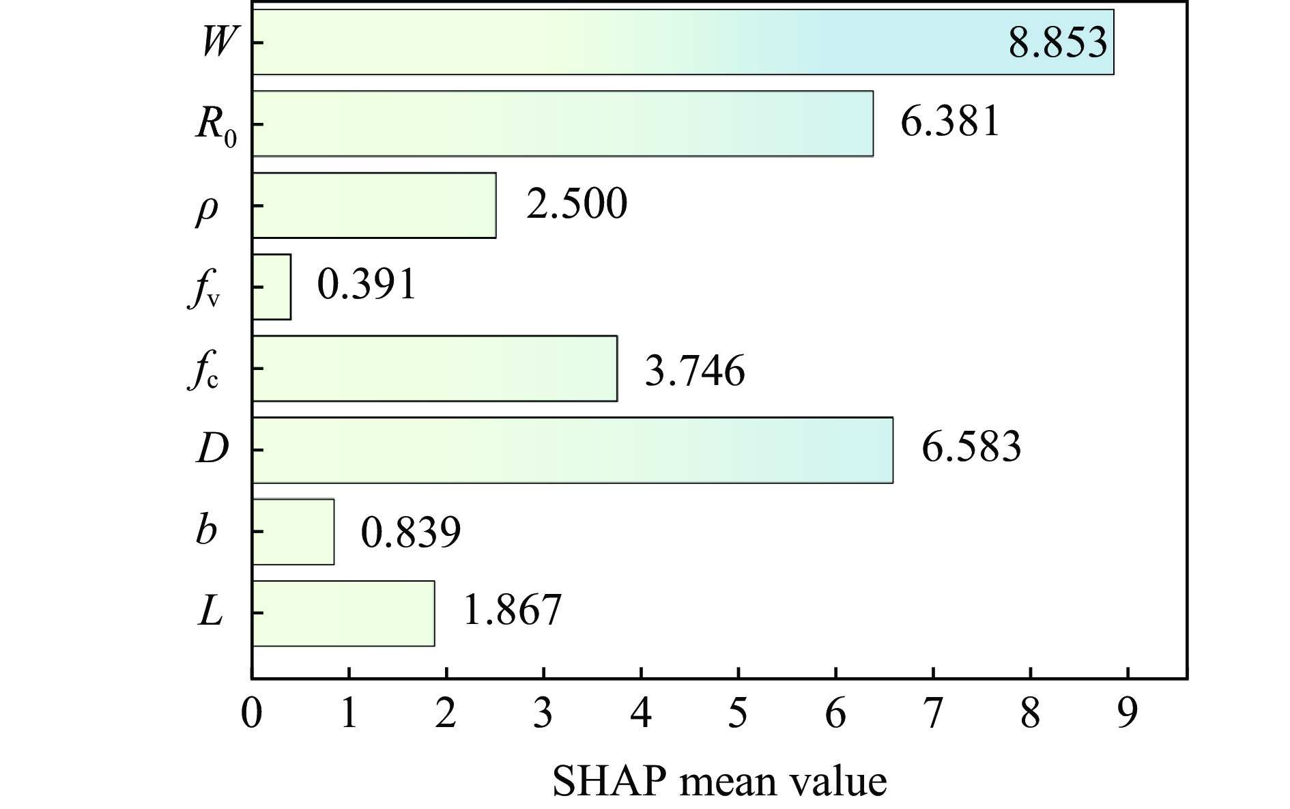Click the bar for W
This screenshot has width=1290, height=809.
683,42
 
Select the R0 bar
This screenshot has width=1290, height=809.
562,124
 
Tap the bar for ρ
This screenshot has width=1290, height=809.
374,205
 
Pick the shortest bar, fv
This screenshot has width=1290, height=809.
272,287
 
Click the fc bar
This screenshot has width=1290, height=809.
435,368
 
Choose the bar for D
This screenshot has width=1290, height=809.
573,450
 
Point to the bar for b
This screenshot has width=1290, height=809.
293,532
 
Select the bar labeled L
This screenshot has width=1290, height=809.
343,613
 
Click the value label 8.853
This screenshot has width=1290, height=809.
1057,42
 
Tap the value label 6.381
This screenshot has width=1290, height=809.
950,122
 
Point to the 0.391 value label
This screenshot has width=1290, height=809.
367,285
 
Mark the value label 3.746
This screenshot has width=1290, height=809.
695,371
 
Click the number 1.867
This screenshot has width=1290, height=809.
512,610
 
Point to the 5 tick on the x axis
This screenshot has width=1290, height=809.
739,713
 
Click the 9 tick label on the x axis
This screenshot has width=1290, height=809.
1128,713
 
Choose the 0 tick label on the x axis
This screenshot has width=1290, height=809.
252,713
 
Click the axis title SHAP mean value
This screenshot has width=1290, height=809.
719,782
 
